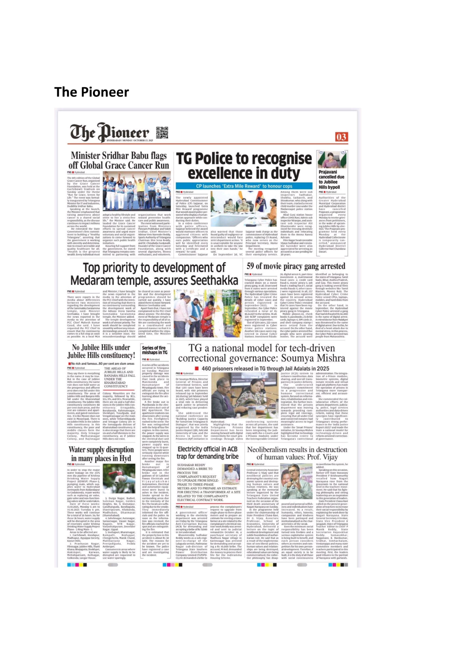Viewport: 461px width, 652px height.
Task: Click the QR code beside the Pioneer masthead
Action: [x=162, y=133]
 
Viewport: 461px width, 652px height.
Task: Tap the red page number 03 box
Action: [x=341, y=137]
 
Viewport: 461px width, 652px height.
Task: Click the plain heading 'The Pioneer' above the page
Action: [x=91, y=92]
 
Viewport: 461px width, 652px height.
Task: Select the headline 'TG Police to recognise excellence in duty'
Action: [x=244, y=166]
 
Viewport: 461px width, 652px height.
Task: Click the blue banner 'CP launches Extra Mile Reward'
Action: [x=244, y=186]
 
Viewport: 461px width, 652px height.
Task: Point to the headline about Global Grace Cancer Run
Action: [x=119, y=160]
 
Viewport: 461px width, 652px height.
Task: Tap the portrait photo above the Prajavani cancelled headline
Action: [x=332, y=159]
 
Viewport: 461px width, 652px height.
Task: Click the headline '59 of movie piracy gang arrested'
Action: [x=296, y=266]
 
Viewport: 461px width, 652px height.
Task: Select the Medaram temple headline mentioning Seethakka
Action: [x=154, y=273]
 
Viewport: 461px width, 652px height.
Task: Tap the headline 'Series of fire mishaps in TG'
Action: [x=154, y=350]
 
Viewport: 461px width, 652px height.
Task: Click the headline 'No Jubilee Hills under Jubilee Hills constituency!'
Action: [x=101, y=351]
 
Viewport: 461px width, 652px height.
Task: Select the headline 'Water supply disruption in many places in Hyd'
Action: [x=101, y=454]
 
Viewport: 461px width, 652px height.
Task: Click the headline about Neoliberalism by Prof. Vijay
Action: [x=297, y=453]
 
